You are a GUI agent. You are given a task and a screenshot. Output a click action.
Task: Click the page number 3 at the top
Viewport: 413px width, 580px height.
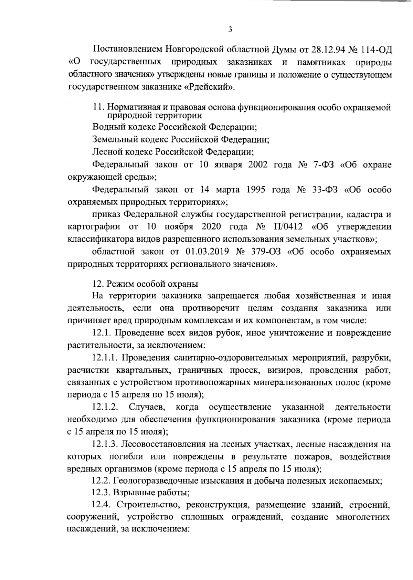pos(230,30)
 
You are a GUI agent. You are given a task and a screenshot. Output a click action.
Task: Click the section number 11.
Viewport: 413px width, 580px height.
pos(98,107)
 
